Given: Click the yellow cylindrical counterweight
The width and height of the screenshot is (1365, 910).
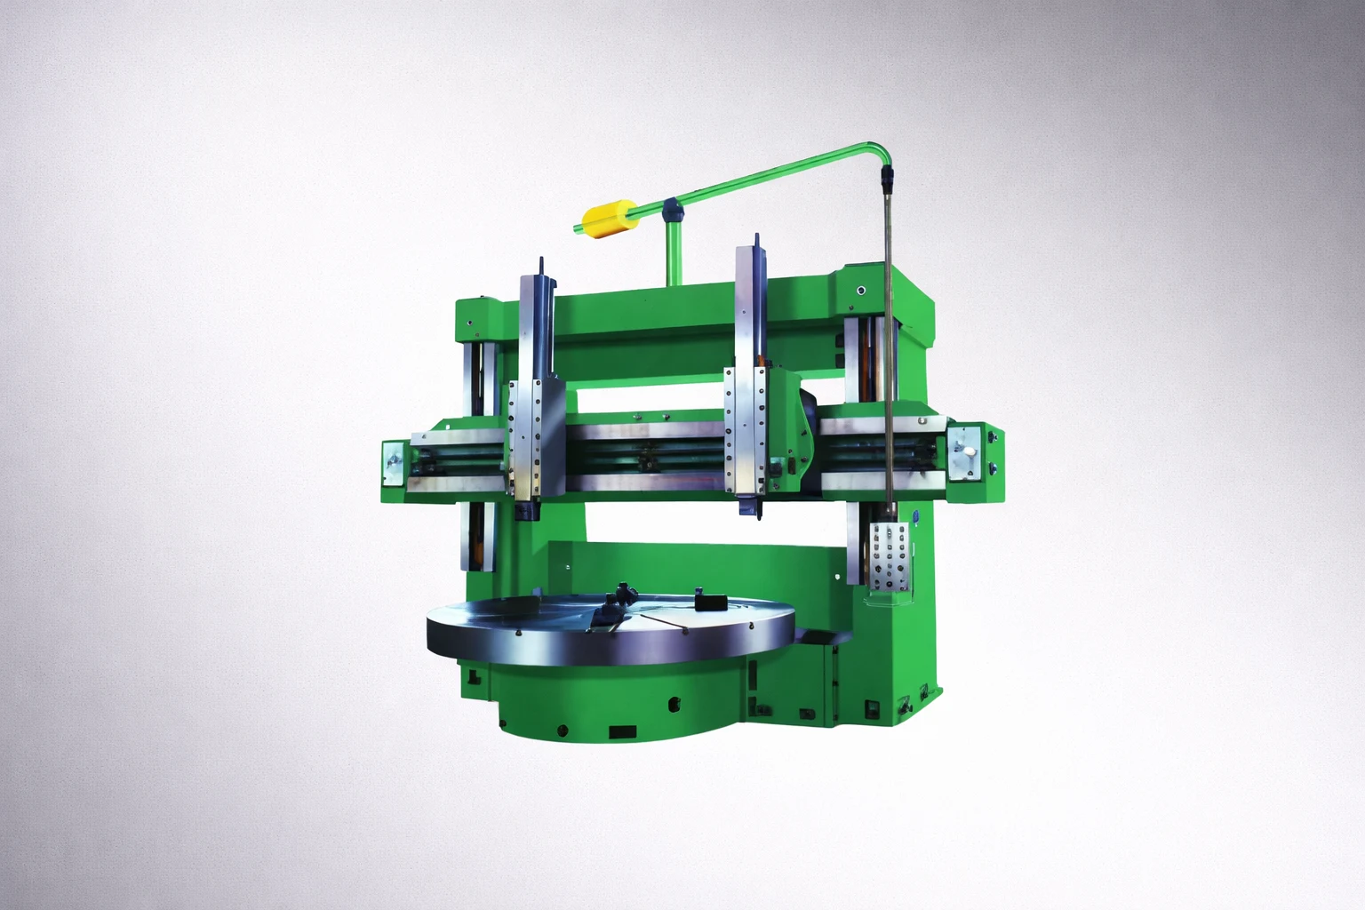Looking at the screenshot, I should (x=603, y=219).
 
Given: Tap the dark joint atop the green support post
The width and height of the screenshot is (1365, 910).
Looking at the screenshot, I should (x=672, y=210).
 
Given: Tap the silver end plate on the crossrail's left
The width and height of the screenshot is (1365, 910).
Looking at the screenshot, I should (x=393, y=464).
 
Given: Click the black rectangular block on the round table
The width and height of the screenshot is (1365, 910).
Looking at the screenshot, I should (x=708, y=603).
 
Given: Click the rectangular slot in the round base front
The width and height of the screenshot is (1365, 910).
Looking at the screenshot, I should (x=622, y=732).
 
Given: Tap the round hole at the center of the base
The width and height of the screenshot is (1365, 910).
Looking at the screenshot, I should (x=674, y=706).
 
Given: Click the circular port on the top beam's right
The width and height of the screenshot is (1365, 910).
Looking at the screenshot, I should (x=859, y=291).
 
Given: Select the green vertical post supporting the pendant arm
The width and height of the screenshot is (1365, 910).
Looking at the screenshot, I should (x=672, y=253).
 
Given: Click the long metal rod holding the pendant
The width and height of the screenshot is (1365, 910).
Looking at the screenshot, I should (x=888, y=355).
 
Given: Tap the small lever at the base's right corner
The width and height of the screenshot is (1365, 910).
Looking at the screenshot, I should (x=905, y=706).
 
